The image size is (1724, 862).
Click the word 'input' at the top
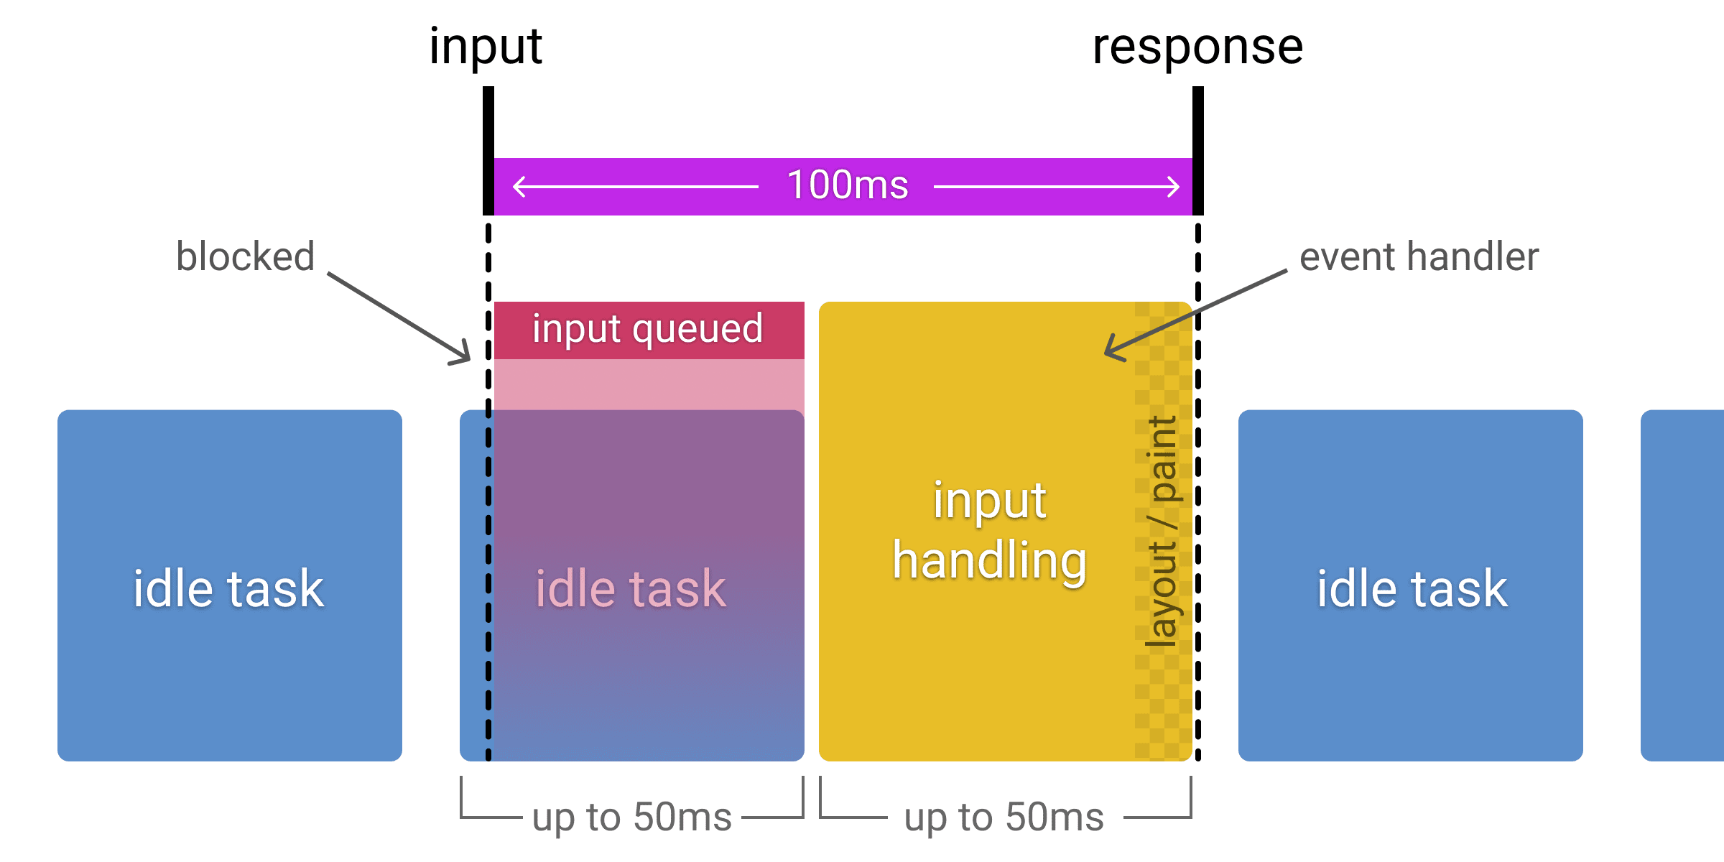point(486,47)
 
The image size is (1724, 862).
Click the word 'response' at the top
point(1197,47)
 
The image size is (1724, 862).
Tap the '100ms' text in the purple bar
point(848,185)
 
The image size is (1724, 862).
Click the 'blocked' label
point(245,256)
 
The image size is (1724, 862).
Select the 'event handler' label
point(1419,256)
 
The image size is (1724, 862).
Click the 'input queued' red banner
point(648,330)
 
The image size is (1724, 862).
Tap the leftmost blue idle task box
point(229,585)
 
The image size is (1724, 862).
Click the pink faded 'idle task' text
point(631,589)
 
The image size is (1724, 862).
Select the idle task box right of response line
point(1411,585)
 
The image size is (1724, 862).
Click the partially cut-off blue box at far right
point(1682,585)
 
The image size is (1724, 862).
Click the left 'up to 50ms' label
point(631,817)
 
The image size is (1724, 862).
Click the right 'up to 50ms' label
point(1004,817)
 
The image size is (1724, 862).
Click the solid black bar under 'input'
point(488,151)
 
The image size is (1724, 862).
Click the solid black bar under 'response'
point(1198,151)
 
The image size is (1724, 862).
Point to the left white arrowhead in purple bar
point(517,187)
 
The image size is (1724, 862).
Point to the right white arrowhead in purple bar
point(1175,187)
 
